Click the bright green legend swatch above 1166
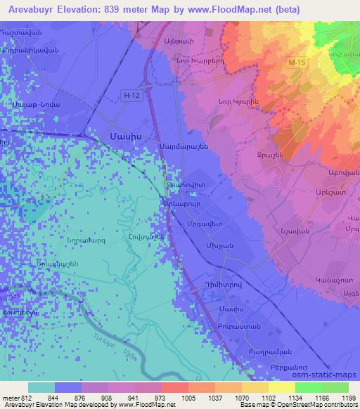(308, 387)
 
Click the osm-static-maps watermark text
(326, 376)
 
